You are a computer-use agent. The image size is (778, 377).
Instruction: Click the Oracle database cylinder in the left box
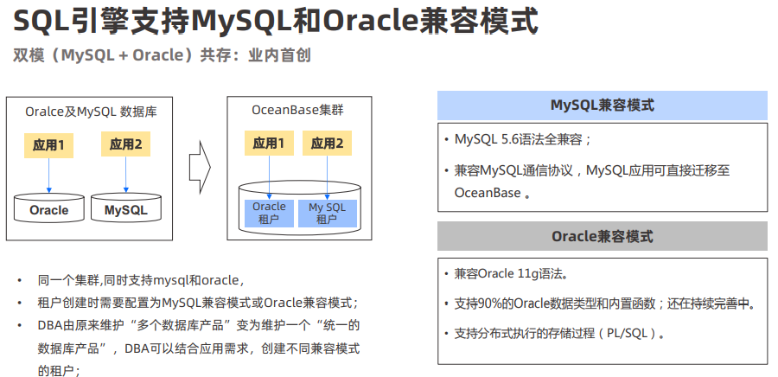pyautogui.click(x=48, y=208)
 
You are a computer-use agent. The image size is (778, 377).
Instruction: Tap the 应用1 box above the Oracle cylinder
pyautogui.click(x=48, y=144)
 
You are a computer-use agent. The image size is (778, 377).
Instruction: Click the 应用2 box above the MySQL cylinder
pyautogui.click(x=126, y=144)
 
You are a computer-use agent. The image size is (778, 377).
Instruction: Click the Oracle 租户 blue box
pyautogui.click(x=269, y=213)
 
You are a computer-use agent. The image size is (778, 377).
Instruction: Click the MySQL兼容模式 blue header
pyautogui.click(x=602, y=105)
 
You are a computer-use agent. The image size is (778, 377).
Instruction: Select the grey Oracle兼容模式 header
pyautogui.click(x=602, y=236)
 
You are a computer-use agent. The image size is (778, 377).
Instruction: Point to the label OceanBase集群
pyautogui.click(x=299, y=111)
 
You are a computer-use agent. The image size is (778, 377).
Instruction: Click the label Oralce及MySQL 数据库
pyautogui.click(x=91, y=112)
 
